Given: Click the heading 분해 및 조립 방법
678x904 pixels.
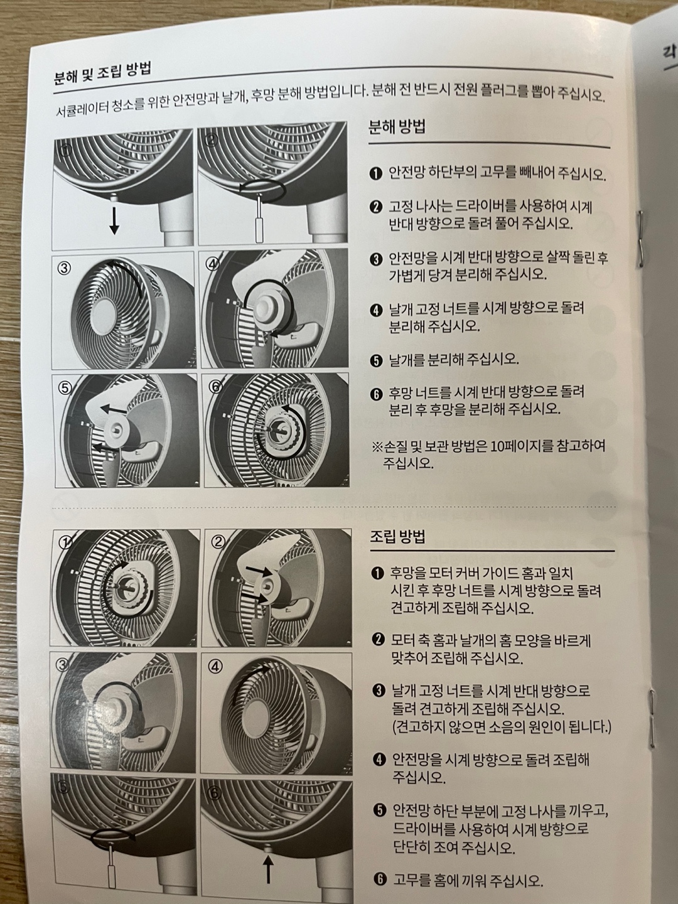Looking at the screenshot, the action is tap(102, 73).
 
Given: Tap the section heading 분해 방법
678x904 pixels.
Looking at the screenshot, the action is tap(397, 127).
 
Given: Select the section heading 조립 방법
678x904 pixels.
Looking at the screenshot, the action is tap(397, 536).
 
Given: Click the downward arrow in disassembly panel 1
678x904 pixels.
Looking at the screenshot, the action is tap(114, 221).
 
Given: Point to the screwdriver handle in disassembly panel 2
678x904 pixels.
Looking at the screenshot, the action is tap(260, 230).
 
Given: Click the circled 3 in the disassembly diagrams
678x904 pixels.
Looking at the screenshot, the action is tap(64, 269).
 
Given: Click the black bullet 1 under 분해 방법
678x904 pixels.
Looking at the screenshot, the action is tap(376, 174).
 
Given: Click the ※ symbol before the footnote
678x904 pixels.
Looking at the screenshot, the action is tap(377, 447).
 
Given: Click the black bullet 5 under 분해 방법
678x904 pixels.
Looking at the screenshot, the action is tap(376, 361).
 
